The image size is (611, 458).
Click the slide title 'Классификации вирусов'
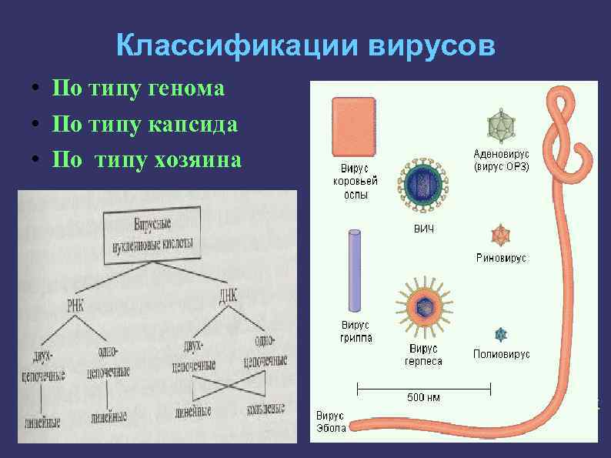click(x=306, y=46)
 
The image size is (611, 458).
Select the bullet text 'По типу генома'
click(x=138, y=89)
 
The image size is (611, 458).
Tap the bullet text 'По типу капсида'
click(x=144, y=124)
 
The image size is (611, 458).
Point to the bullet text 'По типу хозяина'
click(x=146, y=159)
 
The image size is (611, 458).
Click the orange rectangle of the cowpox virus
click(x=353, y=127)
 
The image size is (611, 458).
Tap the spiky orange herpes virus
click(x=422, y=306)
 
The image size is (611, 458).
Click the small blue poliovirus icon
click(x=502, y=334)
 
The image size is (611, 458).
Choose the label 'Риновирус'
click(x=501, y=259)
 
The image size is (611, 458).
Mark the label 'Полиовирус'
click(x=501, y=355)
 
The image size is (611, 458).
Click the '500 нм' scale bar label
click(x=423, y=397)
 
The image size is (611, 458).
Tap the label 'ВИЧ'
click(x=423, y=230)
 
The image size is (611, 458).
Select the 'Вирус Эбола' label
click(x=330, y=422)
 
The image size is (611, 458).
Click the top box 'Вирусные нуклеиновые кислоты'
click(x=152, y=235)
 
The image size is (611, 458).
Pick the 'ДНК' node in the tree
click(x=229, y=294)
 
